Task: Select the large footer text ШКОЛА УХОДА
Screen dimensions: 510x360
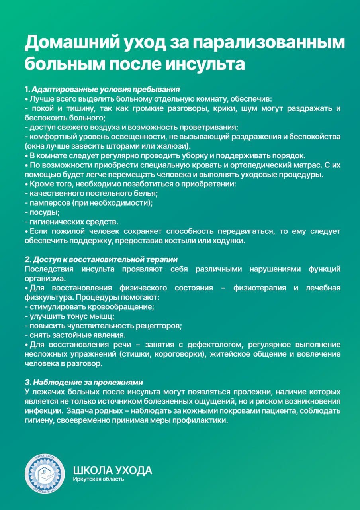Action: click(x=113, y=470)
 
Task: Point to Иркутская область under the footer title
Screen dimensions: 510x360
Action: click(x=98, y=479)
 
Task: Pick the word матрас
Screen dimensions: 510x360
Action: click(x=298, y=165)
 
